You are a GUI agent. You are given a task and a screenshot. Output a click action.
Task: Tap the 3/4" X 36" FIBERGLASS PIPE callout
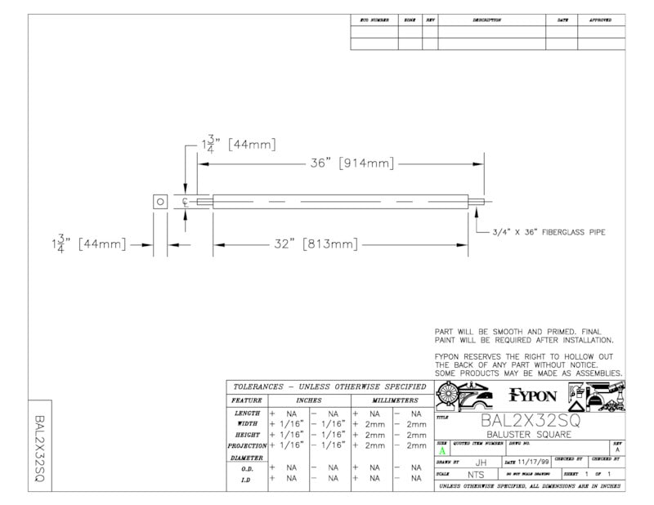[x=548, y=232]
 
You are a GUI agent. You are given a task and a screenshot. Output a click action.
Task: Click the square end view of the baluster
[x=161, y=202]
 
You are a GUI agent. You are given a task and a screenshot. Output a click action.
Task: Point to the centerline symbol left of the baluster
[x=186, y=202]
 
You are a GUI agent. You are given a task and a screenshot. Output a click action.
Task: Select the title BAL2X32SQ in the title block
[x=530, y=421]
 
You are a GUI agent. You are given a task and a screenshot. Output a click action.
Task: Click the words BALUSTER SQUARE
[x=530, y=435]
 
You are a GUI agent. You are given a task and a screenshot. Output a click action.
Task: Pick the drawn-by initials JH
[x=480, y=462]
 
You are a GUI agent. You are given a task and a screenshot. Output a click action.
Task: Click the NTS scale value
[x=475, y=474]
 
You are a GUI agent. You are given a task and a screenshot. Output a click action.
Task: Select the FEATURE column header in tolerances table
[x=246, y=400]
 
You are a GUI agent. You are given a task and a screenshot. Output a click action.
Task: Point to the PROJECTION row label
[x=246, y=445]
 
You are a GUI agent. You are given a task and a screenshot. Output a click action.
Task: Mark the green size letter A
[x=442, y=450]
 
